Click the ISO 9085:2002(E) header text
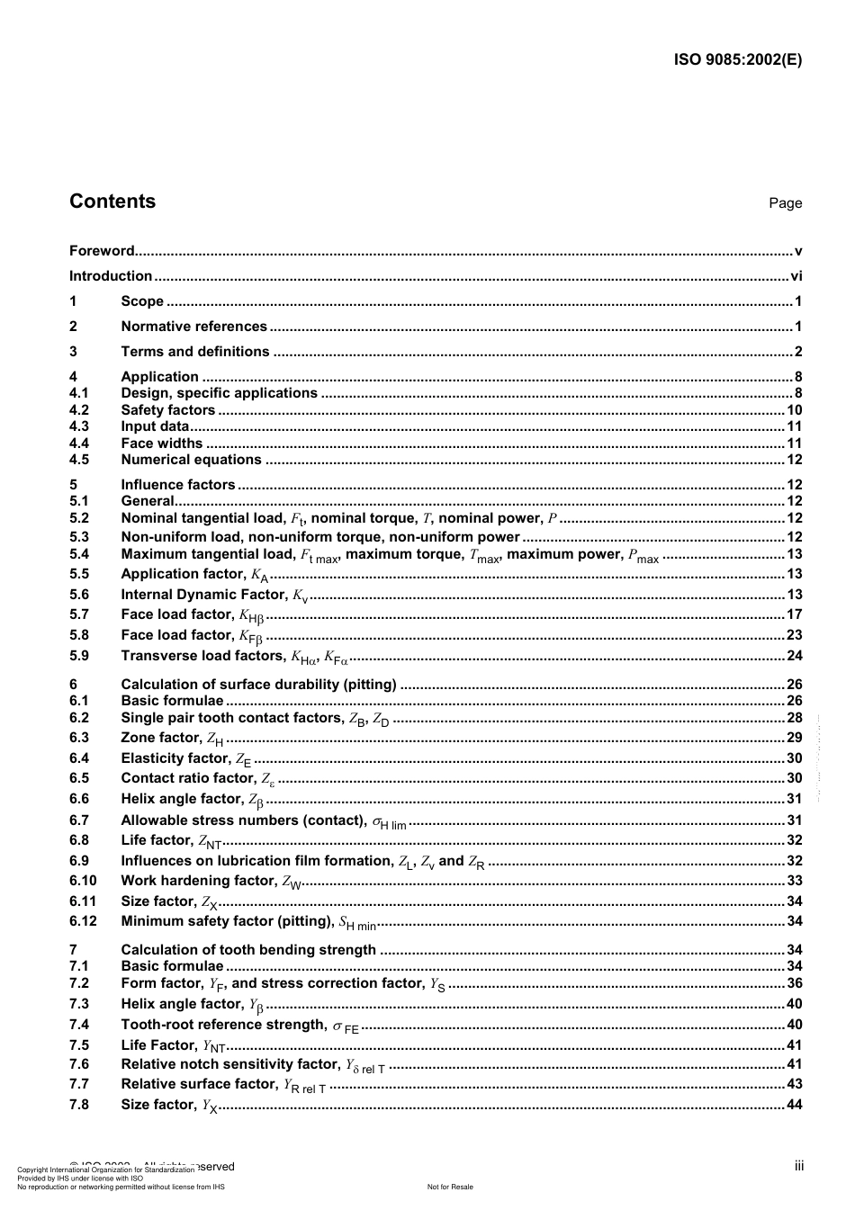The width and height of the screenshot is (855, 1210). click(x=737, y=60)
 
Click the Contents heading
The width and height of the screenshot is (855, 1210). click(x=112, y=202)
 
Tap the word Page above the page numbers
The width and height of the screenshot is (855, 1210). click(x=785, y=203)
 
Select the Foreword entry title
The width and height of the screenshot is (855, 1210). click(x=102, y=251)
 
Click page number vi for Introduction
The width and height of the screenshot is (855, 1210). click(x=796, y=276)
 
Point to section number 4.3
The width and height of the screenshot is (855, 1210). click(x=79, y=426)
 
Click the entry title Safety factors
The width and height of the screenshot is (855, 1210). click(x=168, y=410)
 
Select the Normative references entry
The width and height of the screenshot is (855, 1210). click(x=193, y=327)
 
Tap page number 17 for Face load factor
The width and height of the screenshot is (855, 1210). click(x=794, y=614)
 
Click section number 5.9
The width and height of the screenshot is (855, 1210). click(x=79, y=656)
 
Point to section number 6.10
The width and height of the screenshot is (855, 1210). click(x=83, y=881)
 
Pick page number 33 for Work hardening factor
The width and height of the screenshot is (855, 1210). click(x=794, y=881)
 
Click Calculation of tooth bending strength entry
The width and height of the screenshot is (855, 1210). click(x=248, y=949)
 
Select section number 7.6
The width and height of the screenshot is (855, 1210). click(x=79, y=1063)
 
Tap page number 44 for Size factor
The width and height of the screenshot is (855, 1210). click(x=794, y=1105)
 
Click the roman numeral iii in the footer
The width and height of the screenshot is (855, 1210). click(x=798, y=1166)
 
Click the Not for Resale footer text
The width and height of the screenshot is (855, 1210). click(x=450, y=1187)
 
